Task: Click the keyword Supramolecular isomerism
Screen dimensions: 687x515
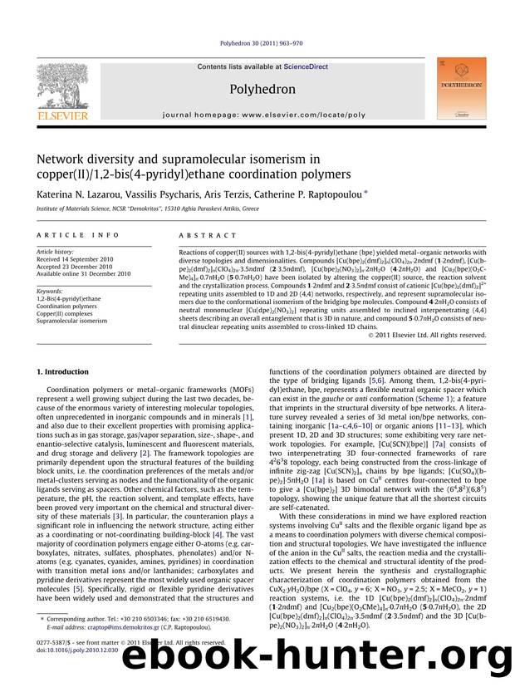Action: point(71,321)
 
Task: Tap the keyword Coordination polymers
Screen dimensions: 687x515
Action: point(66,306)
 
